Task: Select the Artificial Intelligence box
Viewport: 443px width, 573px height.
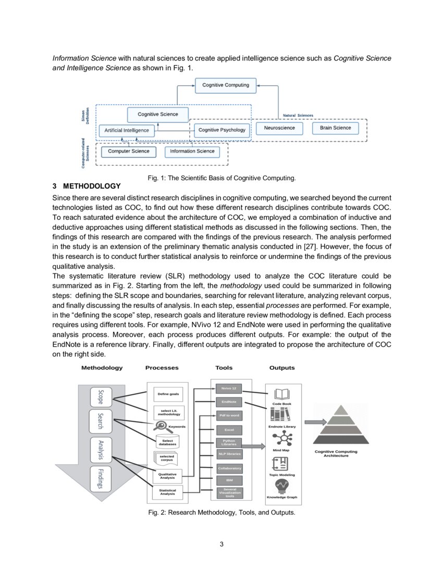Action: point(127,130)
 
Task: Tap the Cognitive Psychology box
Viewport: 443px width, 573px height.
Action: point(222,130)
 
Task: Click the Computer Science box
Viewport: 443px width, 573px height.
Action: point(128,152)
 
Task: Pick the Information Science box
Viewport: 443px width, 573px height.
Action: point(192,152)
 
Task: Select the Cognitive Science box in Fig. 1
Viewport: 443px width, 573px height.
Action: point(157,114)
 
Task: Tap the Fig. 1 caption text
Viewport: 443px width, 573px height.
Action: point(221,178)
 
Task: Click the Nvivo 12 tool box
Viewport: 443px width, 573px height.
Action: point(229,389)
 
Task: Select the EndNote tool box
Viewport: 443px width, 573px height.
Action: point(229,402)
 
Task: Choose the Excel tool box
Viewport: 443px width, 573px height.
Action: point(229,430)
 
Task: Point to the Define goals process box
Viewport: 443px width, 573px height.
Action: point(168,394)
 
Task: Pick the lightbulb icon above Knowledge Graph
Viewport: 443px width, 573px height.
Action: point(282,486)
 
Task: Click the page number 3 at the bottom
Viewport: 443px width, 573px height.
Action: point(221,544)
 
